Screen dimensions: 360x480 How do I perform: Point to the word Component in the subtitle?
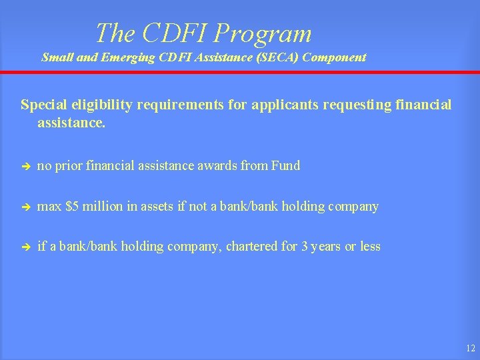point(335,57)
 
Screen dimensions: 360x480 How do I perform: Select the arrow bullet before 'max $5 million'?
point(25,207)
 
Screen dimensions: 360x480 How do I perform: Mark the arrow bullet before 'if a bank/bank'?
point(25,247)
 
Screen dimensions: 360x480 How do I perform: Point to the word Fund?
point(285,166)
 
